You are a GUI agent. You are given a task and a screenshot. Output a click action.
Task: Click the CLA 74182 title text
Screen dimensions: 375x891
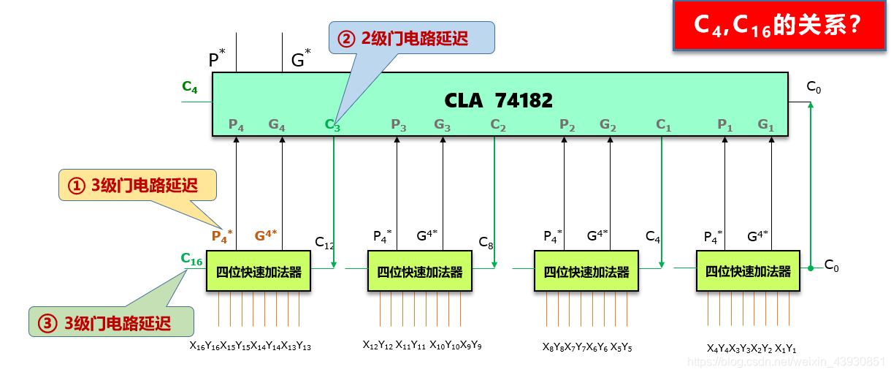[499, 99]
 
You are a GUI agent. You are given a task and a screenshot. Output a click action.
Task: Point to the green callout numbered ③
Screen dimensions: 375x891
[110, 322]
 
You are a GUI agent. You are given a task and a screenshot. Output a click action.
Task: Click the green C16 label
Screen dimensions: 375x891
[191, 259]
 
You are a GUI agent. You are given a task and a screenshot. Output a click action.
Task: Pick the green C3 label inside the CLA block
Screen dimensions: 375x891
[332, 125]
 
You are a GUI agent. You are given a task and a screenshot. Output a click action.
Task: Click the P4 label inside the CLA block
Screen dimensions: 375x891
[236, 125]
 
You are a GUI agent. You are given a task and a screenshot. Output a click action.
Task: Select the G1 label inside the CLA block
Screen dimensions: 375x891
[765, 125]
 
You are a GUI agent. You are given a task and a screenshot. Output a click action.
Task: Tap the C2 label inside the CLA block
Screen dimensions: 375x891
[498, 125]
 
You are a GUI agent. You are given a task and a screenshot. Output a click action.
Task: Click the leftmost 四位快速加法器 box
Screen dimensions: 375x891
[259, 271]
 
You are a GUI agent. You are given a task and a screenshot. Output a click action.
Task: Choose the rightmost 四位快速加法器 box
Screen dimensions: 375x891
[748, 271]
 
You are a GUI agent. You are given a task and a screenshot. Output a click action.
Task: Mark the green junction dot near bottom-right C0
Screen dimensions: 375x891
[811, 268]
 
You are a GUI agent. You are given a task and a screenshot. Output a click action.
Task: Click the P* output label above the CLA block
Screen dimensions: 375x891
[216, 59]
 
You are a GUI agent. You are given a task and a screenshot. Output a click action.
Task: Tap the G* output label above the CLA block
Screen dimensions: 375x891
[300, 59]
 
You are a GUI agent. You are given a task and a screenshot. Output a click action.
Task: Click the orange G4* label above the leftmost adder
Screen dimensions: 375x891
[264, 235]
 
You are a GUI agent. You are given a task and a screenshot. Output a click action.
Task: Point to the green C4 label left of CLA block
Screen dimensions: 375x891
[190, 88]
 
